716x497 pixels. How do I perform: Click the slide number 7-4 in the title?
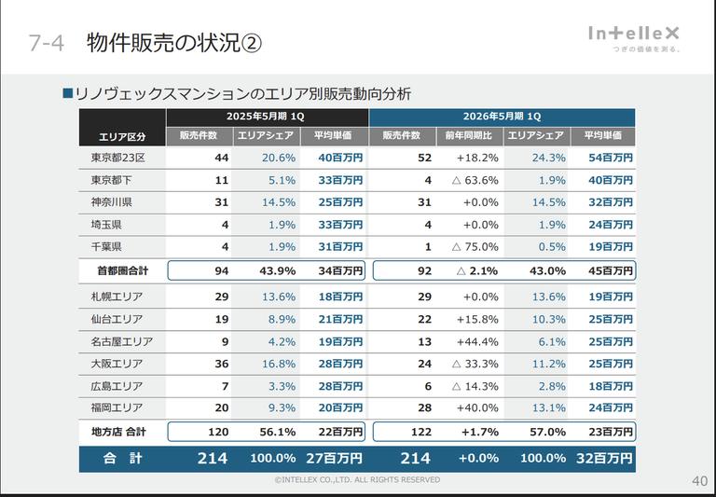(x=46, y=43)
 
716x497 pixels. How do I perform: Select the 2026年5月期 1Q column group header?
(x=502, y=117)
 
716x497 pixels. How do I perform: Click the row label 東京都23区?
(x=117, y=158)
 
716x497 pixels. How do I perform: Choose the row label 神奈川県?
(x=111, y=202)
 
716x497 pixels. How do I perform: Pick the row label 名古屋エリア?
(x=122, y=341)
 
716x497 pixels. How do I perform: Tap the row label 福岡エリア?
(x=117, y=407)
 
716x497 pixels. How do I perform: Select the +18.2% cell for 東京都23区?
(x=477, y=158)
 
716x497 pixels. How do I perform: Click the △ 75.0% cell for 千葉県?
(x=475, y=247)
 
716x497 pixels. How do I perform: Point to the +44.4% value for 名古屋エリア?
(x=477, y=341)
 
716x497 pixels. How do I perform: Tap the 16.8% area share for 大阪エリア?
(x=279, y=364)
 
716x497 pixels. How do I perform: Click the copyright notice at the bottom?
(x=357, y=479)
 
